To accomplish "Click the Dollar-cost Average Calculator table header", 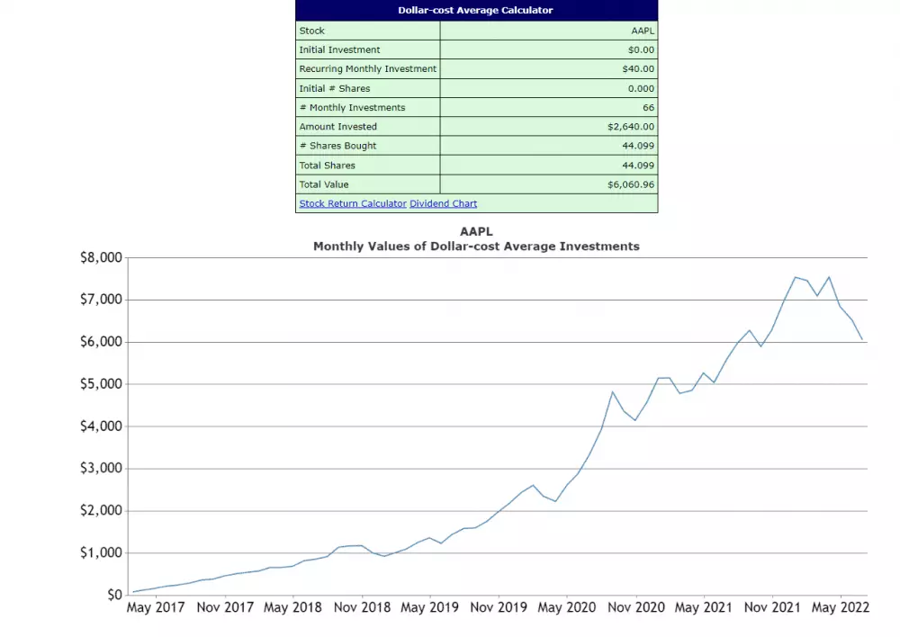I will click(x=476, y=11).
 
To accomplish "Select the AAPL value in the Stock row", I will click(x=643, y=31).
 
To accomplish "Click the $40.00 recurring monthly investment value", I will click(x=638, y=68).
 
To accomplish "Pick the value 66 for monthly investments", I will click(x=648, y=107).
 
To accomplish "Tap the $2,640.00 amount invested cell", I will click(x=631, y=127).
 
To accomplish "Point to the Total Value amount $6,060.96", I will click(x=631, y=184).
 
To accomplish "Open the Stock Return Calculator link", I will click(x=353, y=203).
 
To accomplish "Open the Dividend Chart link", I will click(x=443, y=203).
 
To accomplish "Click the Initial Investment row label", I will click(x=339, y=49).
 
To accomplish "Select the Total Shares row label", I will click(x=327, y=166).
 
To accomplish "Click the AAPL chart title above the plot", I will click(x=476, y=231).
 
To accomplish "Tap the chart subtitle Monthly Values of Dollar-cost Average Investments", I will click(x=476, y=246).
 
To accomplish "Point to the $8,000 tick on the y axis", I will click(x=101, y=257).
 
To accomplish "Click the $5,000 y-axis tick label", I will click(x=101, y=384).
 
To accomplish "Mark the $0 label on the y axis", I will click(x=113, y=595).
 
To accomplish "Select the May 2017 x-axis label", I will click(x=156, y=608).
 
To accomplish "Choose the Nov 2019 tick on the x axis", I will click(x=498, y=608).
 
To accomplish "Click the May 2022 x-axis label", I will click(x=840, y=608).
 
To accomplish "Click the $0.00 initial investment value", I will click(x=641, y=49).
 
